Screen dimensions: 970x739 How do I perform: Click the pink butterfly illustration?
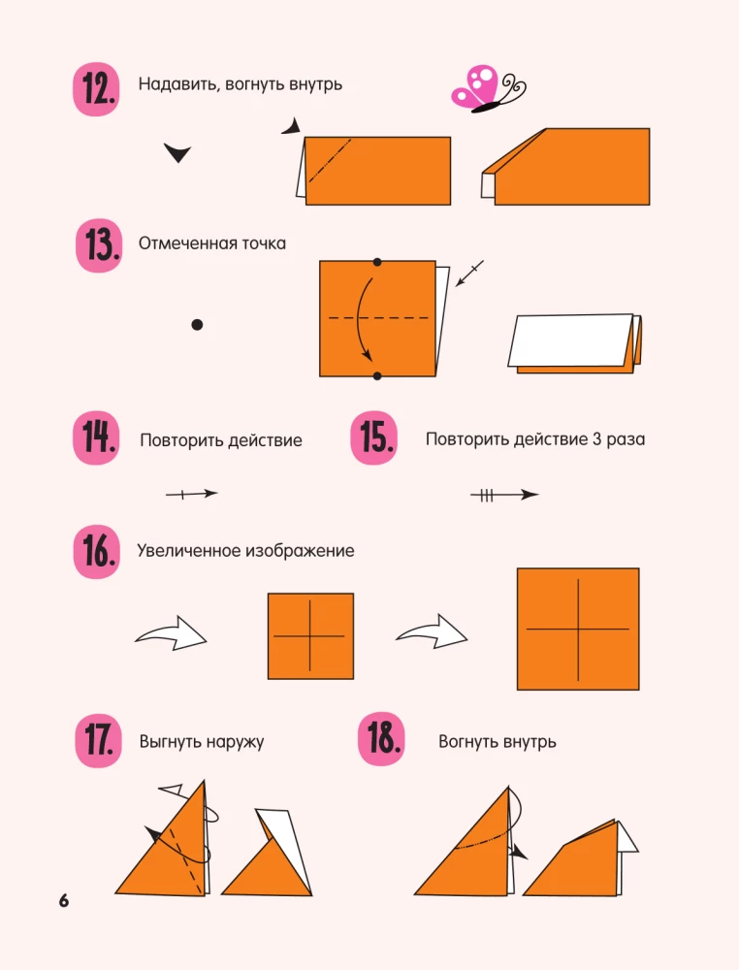point(486,88)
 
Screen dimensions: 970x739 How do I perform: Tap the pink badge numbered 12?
point(96,89)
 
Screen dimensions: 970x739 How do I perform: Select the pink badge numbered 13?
point(99,246)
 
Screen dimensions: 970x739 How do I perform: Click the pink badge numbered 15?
point(373,437)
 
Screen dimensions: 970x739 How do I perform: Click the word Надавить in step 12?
point(177,84)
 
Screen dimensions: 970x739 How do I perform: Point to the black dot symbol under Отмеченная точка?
point(197,326)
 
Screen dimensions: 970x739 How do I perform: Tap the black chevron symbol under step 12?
point(177,152)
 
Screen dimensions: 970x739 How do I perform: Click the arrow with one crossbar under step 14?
point(191,495)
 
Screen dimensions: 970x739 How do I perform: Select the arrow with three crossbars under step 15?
point(503,495)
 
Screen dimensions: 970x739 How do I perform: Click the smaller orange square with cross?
point(310,636)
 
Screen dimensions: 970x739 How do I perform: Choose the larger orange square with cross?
point(578,629)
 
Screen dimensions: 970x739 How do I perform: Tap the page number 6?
point(64,901)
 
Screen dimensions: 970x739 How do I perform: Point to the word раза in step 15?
point(625,439)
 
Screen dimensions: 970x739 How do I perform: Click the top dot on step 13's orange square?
point(377,262)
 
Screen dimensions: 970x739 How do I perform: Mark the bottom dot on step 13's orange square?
point(377,375)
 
